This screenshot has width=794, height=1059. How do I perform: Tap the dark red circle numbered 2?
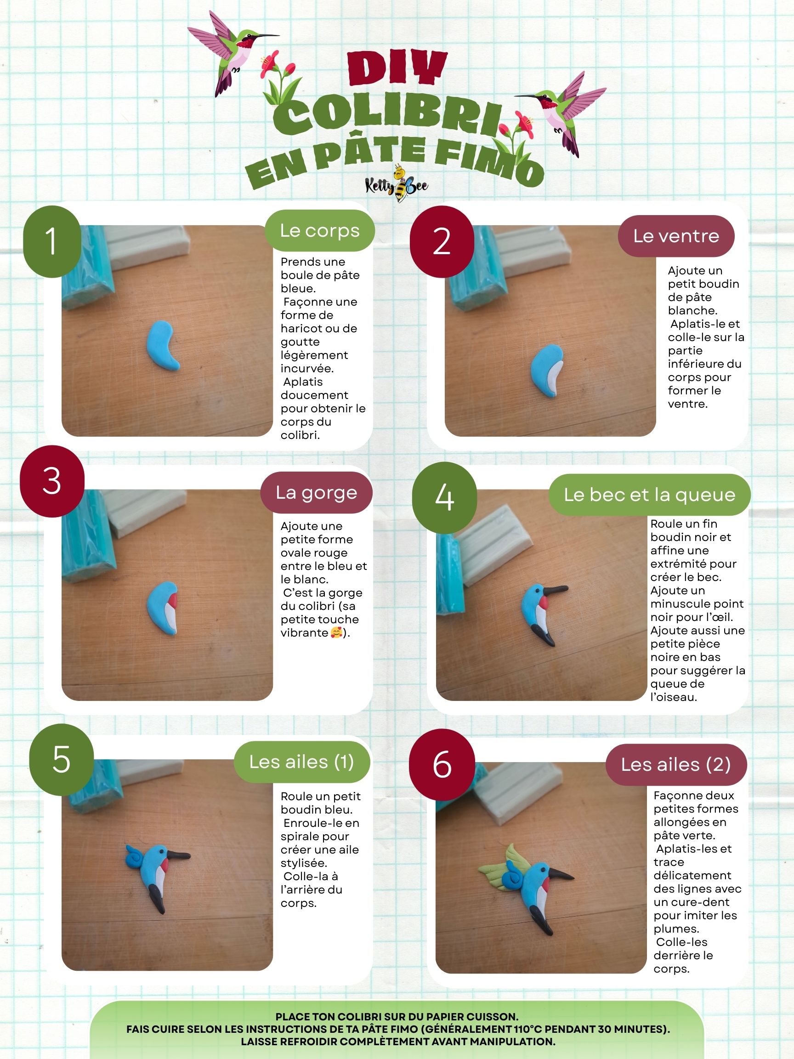(442, 242)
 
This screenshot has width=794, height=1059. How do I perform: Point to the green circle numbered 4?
(444, 498)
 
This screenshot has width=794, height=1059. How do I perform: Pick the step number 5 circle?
(61, 760)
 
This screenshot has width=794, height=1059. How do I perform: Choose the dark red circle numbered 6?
(442, 764)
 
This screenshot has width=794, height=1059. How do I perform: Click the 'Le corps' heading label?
(320, 230)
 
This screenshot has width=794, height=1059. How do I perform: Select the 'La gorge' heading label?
(316, 492)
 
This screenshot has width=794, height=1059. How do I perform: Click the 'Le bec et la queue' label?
(649, 495)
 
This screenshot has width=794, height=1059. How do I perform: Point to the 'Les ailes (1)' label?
(301, 762)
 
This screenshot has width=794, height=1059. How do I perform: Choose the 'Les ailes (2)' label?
(676, 764)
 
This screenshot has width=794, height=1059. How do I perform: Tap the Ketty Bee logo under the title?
(397, 184)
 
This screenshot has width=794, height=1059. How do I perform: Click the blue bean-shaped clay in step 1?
(164, 345)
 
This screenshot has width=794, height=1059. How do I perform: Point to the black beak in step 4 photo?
(555, 592)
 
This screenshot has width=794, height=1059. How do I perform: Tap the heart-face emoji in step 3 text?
(337, 633)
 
